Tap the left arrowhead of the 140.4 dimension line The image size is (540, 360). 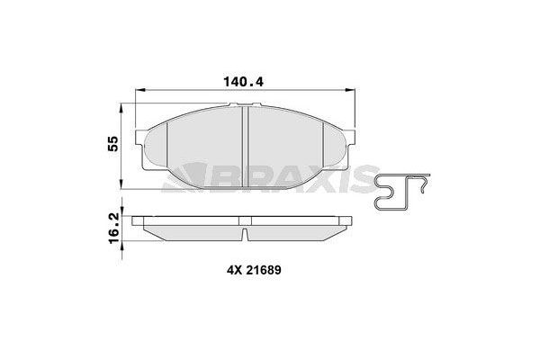point(137,91)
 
